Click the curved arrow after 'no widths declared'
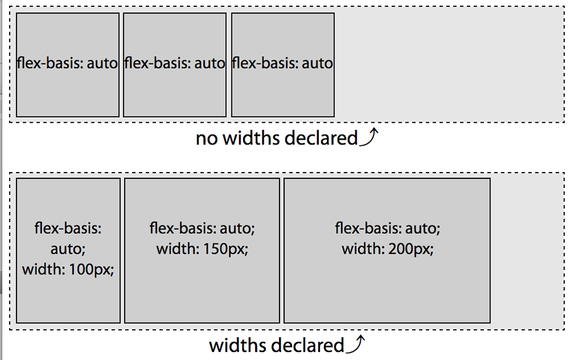[x=369, y=137]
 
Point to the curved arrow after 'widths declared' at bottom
[x=356, y=344]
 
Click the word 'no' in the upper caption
[x=207, y=138]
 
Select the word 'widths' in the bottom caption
[x=237, y=346]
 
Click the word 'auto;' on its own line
[x=68, y=249]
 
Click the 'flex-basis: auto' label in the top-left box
[x=67, y=63]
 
